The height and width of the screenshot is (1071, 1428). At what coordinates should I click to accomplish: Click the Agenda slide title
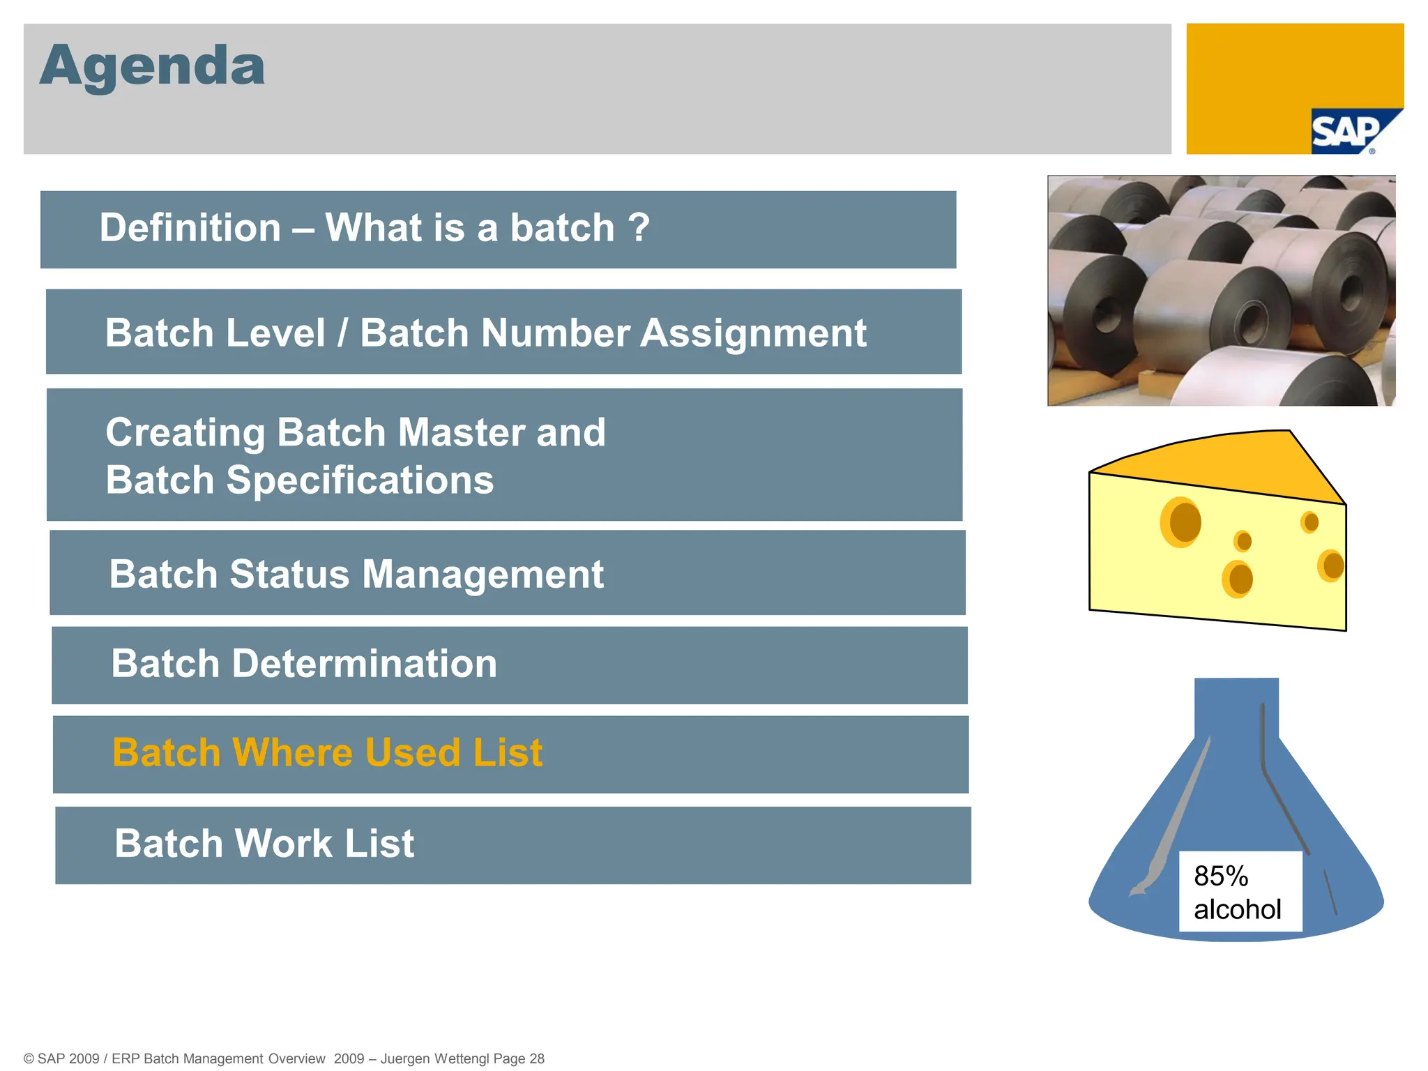pyautogui.click(x=152, y=66)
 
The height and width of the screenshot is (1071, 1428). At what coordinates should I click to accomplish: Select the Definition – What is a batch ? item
pyautogui.click(x=374, y=228)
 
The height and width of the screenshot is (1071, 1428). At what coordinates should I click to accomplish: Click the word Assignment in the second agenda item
pyautogui.click(x=753, y=333)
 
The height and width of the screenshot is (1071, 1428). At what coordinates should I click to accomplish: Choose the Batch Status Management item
pyautogui.click(x=356, y=575)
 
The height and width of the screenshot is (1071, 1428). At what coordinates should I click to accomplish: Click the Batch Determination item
pyautogui.click(x=304, y=664)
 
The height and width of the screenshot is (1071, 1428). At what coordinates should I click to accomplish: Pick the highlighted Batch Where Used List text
pyautogui.click(x=327, y=753)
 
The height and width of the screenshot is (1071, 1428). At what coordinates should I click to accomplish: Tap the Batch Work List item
pyautogui.click(x=264, y=844)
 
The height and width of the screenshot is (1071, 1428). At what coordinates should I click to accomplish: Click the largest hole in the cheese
pyautogui.click(x=1183, y=522)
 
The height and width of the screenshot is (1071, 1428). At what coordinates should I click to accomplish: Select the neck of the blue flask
pyautogui.click(x=1236, y=707)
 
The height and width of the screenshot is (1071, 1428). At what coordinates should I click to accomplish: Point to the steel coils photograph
pyautogui.click(x=1221, y=290)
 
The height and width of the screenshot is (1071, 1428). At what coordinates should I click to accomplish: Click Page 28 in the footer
pyautogui.click(x=518, y=1058)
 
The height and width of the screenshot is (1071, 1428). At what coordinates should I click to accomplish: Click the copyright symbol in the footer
pyautogui.click(x=29, y=1058)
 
